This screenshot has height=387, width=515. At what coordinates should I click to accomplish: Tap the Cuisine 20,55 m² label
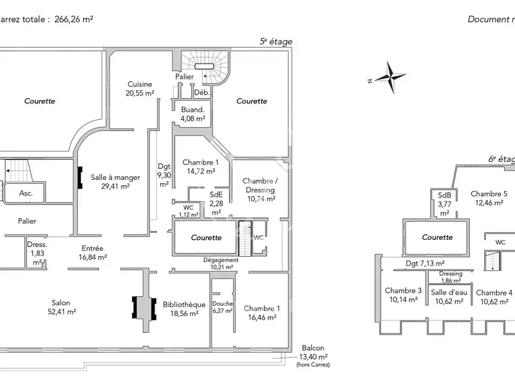(140, 88)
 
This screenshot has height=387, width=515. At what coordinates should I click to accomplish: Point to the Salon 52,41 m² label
(61, 307)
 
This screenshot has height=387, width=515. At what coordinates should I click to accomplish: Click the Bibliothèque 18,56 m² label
(184, 308)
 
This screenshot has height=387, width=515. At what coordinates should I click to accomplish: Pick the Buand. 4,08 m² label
(192, 114)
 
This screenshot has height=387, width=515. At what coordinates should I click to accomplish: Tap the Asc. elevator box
(26, 193)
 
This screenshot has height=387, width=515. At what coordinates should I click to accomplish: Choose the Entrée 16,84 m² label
(93, 252)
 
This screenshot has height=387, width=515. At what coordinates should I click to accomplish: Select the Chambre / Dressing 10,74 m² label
(259, 190)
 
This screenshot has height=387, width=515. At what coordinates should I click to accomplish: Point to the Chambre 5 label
(489, 198)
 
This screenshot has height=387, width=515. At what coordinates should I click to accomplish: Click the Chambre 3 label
(403, 295)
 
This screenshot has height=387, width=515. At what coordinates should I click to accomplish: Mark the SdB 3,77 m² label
(444, 204)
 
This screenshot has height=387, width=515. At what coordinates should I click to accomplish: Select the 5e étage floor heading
(276, 41)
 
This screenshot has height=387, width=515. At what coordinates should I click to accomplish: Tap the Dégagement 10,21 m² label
(212, 263)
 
